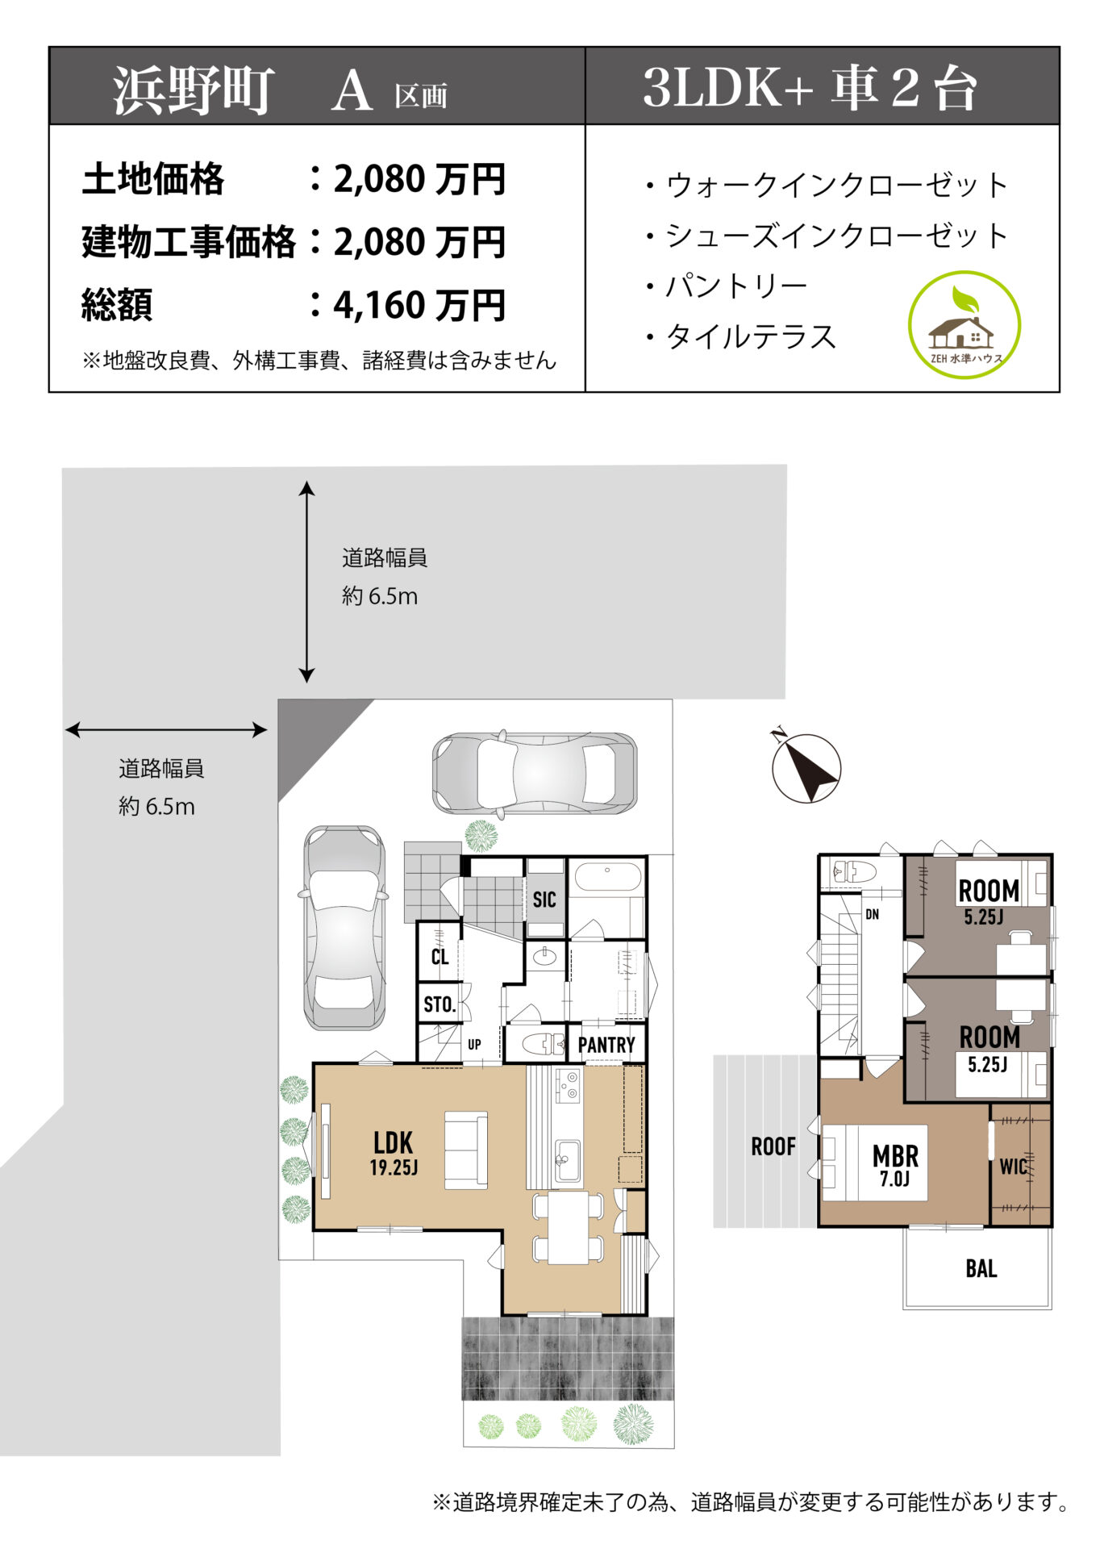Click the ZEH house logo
(964, 325)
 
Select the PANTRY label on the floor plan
(606, 1045)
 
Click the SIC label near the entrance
(544, 900)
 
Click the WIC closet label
(1013, 1167)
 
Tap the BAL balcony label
(981, 1269)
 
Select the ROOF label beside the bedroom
(773, 1146)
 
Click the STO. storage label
(440, 1004)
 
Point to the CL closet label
(440, 957)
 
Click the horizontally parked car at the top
(535, 773)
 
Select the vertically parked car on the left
(344, 927)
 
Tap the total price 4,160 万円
(419, 305)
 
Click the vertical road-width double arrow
(306, 582)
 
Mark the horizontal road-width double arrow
(166, 730)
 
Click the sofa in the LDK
(466, 1150)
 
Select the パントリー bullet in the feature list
(726, 286)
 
